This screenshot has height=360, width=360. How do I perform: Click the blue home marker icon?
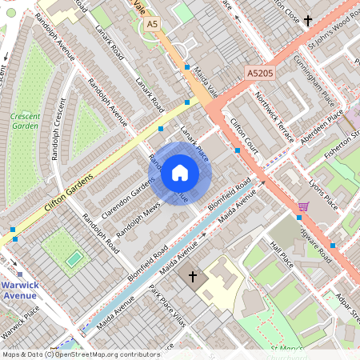coord(180,172)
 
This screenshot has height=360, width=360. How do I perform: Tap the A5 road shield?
coord(151,25)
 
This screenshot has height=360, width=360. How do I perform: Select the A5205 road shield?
coord(260,73)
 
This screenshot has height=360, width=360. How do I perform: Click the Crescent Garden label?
coord(25,121)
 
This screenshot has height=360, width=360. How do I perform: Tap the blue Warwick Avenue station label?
coord(18,289)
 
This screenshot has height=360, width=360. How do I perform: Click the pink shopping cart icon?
coord(303,206)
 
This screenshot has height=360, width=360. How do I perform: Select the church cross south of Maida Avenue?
coord(192,277)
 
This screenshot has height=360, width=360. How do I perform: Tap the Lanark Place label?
coord(194,142)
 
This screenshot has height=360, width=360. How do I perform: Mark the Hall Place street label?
coord(282,254)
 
